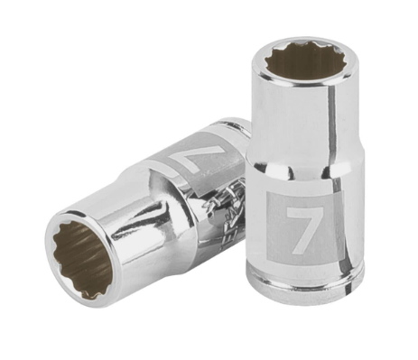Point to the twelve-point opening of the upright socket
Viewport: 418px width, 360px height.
point(302,60)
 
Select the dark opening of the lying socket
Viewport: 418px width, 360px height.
point(83,260)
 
